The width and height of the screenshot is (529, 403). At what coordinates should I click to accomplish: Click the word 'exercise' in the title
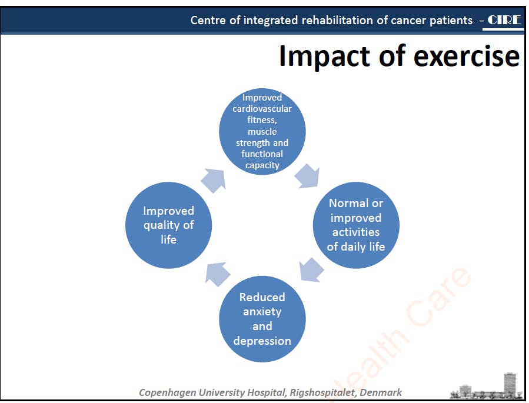coord(467,56)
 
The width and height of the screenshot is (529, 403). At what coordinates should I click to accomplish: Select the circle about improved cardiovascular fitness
coord(262,132)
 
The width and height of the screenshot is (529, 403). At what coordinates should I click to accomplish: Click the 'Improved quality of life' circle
coord(168,225)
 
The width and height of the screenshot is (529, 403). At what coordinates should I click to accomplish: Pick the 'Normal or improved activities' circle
coord(356,225)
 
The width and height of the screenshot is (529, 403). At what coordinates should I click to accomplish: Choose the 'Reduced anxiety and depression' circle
coord(262,319)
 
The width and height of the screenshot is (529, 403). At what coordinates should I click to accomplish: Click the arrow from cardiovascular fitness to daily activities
coord(307,176)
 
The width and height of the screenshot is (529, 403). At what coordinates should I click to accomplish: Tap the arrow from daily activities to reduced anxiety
coord(311,269)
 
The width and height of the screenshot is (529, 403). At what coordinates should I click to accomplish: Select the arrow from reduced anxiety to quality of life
coord(218,274)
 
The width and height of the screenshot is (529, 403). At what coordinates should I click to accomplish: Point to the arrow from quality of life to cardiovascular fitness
coord(214,181)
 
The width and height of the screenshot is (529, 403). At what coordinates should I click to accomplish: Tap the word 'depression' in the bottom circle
coord(262,341)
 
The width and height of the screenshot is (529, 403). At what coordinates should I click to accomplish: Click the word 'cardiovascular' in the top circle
coord(262,109)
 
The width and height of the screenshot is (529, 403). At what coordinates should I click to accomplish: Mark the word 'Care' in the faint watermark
coord(439,296)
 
